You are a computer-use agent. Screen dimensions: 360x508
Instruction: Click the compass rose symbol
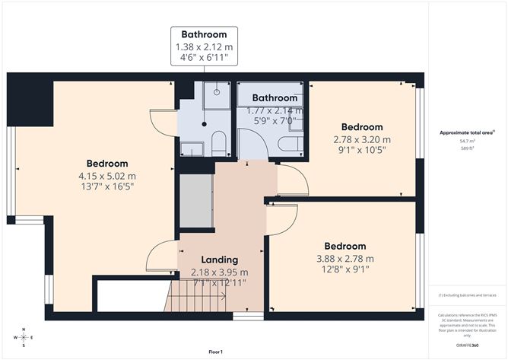click(24, 335)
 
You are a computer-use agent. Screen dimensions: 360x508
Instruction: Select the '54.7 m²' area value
click(466, 141)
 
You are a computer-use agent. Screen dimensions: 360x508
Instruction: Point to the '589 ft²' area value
click(466, 148)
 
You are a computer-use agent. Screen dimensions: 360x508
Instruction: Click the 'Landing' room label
click(219, 260)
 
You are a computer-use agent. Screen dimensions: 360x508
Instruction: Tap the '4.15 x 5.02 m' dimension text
click(106, 176)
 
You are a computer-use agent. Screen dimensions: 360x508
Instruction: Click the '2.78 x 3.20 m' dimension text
click(361, 139)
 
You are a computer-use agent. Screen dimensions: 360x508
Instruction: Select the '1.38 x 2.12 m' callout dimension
click(203, 47)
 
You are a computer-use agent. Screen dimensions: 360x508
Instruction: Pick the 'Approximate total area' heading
click(465, 132)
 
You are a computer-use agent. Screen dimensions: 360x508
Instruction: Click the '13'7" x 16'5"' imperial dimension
click(106, 187)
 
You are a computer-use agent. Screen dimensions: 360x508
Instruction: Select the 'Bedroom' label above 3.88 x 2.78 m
click(345, 246)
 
